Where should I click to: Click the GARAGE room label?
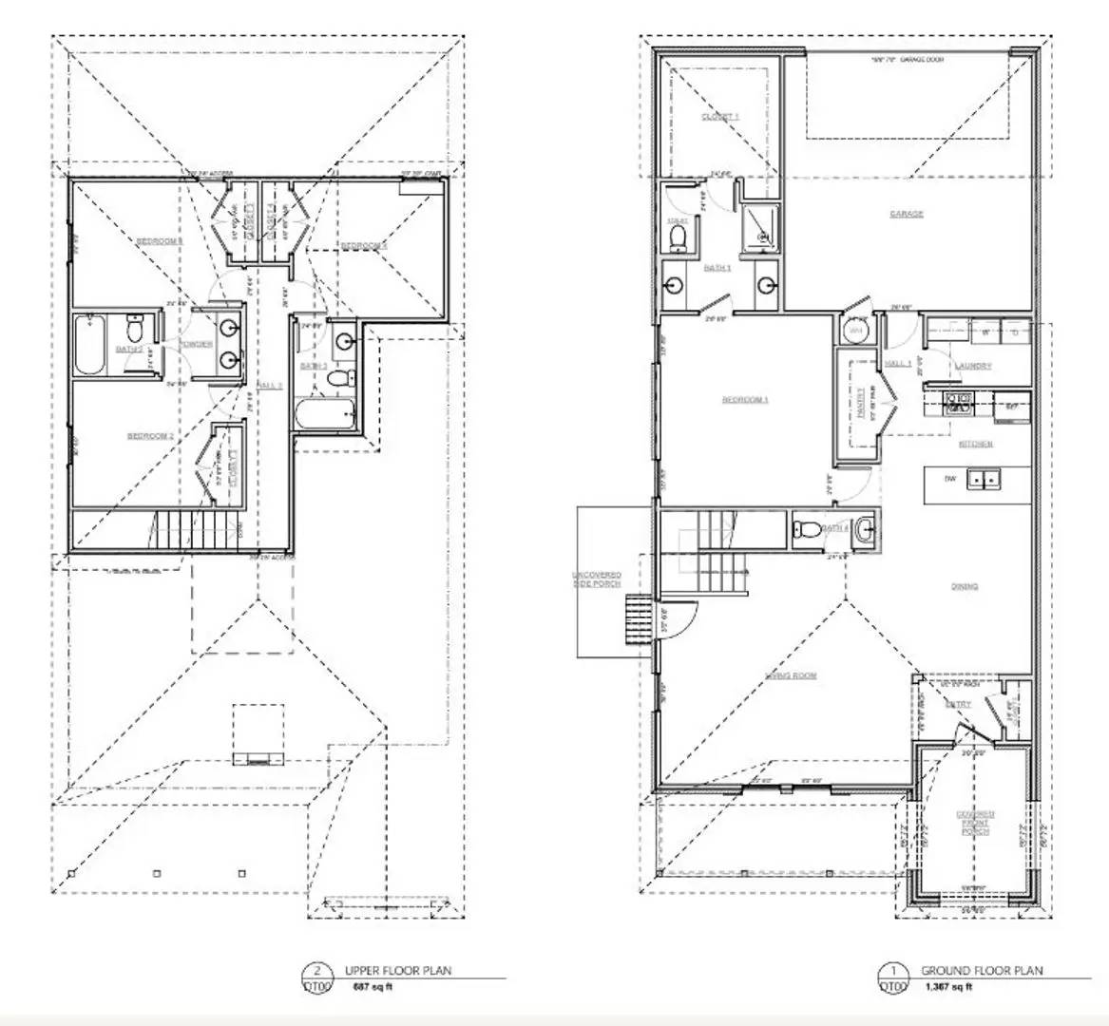[x=906, y=215]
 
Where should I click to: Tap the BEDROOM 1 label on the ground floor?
[x=745, y=400]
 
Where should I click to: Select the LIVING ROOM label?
[x=792, y=675]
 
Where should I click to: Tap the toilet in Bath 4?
[x=803, y=530]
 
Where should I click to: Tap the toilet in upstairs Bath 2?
[x=134, y=330]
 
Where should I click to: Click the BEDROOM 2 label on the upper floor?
[x=151, y=436]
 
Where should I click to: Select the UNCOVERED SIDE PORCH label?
[x=597, y=579]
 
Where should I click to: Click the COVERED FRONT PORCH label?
[x=976, y=823]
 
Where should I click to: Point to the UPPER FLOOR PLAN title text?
[x=398, y=971]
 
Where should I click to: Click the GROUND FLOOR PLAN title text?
[x=982, y=971]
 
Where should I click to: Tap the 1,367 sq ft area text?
[x=947, y=988]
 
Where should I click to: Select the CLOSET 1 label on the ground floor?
[x=719, y=117]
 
